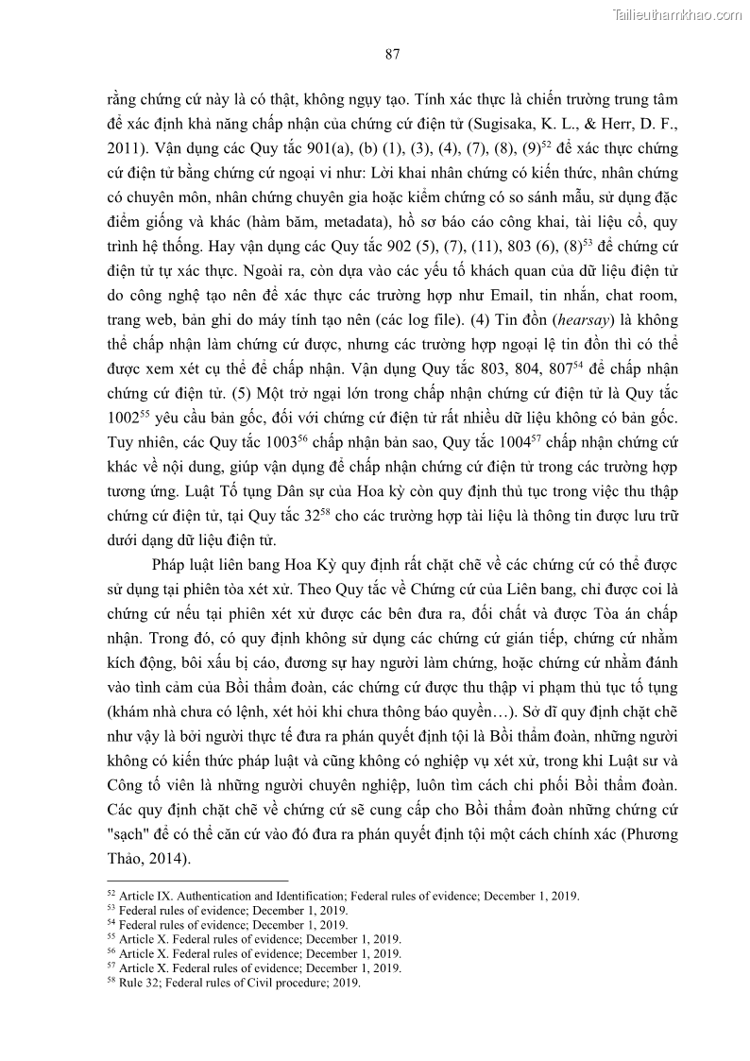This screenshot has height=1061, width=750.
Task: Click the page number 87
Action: click(x=393, y=54)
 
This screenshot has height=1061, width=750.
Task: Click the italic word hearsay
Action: click(x=551, y=319)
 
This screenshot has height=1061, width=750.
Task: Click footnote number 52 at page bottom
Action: click(x=111, y=893)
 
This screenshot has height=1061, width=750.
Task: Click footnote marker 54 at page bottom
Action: click(x=111, y=921)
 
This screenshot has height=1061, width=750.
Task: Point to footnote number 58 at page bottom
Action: click(x=111, y=980)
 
